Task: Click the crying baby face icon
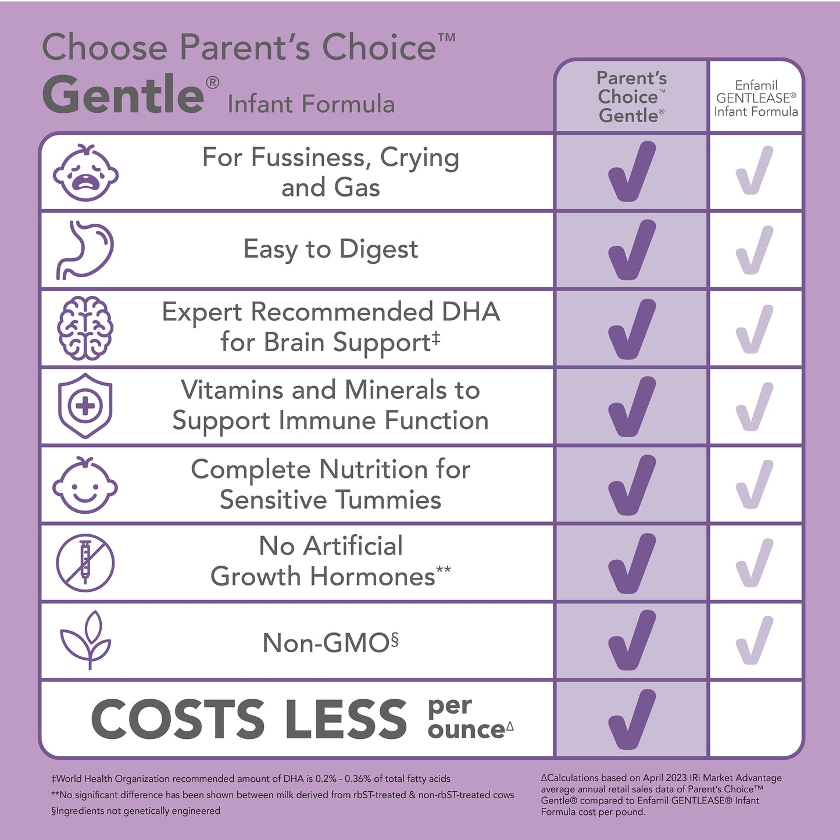(x=85, y=173)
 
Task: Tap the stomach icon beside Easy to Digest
(x=85, y=250)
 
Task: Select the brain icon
(x=85, y=328)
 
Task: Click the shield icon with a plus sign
(x=85, y=406)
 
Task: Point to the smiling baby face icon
(x=85, y=485)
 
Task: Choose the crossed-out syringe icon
(x=85, y=563)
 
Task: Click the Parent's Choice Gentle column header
(x=631, y=97)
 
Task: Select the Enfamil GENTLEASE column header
(x=756, y=98)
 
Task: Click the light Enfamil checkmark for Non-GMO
(x=755, y=641)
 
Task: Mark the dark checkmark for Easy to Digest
(x=631, y=250)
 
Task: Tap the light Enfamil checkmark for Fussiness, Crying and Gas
(x=755, y=171)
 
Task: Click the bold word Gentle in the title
(x=123, y=95)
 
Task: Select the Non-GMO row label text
(x=330, y=643)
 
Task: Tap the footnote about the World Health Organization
(x=251, y=779)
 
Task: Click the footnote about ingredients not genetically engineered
(x=136, y=811)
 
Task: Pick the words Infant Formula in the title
(x=311, y=105)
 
